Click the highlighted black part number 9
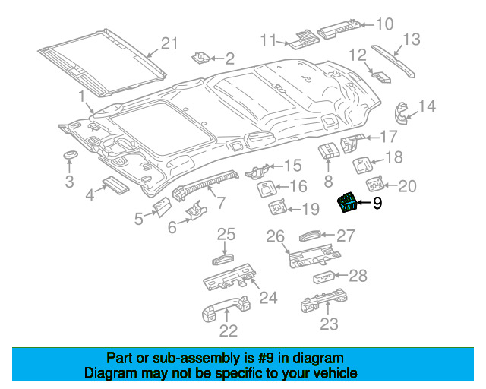(x=347, y=202)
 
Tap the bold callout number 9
(x=377, y=204)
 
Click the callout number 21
(x=169, y=43)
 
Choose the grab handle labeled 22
(x=226, y=308)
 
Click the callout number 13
(x=412, y=40)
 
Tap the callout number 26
(x=275, y=236)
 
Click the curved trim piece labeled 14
(x=402, y=113)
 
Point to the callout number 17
(x=388, y=137)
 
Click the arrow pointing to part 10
(x=368, y=25)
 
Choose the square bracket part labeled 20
(x=375, y=185)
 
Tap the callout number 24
(x=268, y=298)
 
